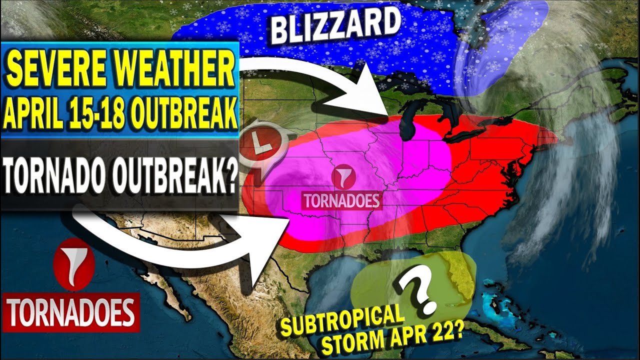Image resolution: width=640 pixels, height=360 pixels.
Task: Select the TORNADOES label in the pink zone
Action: click(342, 200)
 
